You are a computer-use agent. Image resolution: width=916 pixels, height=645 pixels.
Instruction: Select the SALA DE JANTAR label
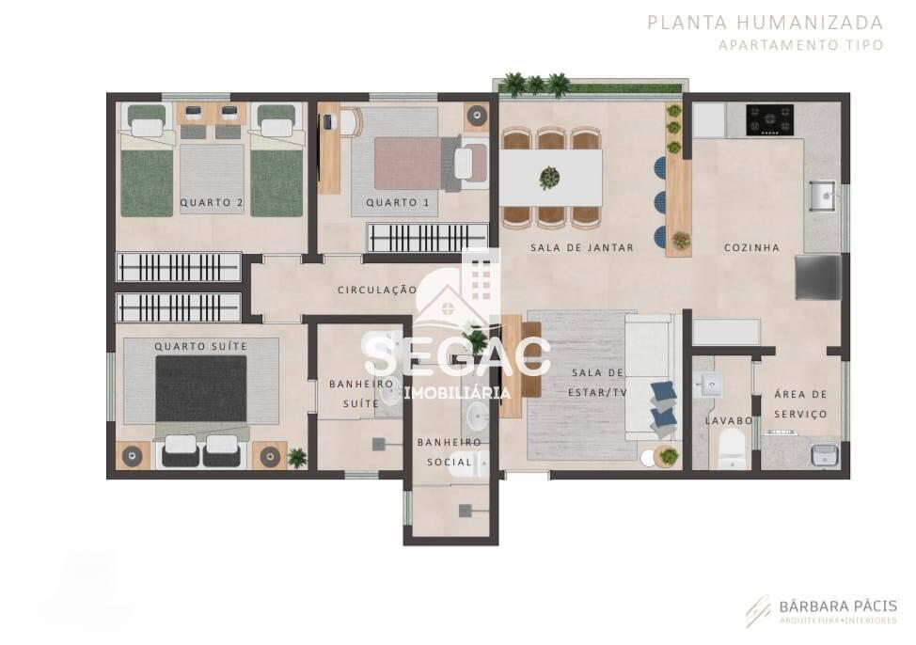[569, 248]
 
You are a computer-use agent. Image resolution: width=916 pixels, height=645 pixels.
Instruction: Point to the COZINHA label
[751, 248]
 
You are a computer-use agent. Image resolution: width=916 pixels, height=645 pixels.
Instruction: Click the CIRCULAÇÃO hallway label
[377, 291]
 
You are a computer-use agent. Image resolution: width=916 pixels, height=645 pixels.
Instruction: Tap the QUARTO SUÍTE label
[200, 347]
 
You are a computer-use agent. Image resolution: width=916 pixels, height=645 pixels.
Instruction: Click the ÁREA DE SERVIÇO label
[800, 404]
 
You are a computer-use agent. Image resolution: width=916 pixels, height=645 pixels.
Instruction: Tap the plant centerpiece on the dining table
[549, 177]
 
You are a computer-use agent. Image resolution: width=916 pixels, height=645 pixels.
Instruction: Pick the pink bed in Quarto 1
[408, 163]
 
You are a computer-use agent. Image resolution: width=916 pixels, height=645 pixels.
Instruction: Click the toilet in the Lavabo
[732, 453]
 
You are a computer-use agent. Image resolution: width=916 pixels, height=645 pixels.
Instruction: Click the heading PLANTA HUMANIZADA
[765, 23]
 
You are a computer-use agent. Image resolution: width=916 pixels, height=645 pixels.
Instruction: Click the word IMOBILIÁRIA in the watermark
[458, 393]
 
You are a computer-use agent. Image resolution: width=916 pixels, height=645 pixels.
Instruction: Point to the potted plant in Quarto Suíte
[297, 458]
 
